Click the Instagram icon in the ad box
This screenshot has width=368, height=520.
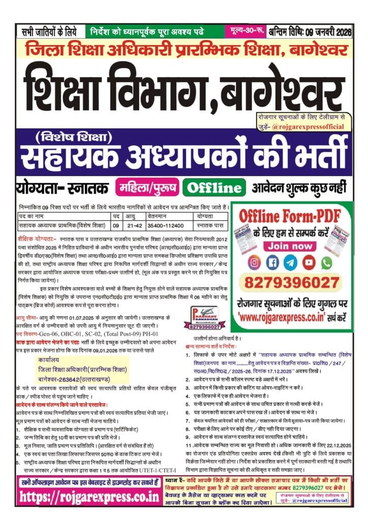coord(255,263)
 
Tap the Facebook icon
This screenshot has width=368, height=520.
coord(272,263)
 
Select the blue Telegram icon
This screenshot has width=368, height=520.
coord(290,263)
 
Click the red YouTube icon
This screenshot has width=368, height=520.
coord(308,263)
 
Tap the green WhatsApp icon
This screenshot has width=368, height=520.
coord(326,263)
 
